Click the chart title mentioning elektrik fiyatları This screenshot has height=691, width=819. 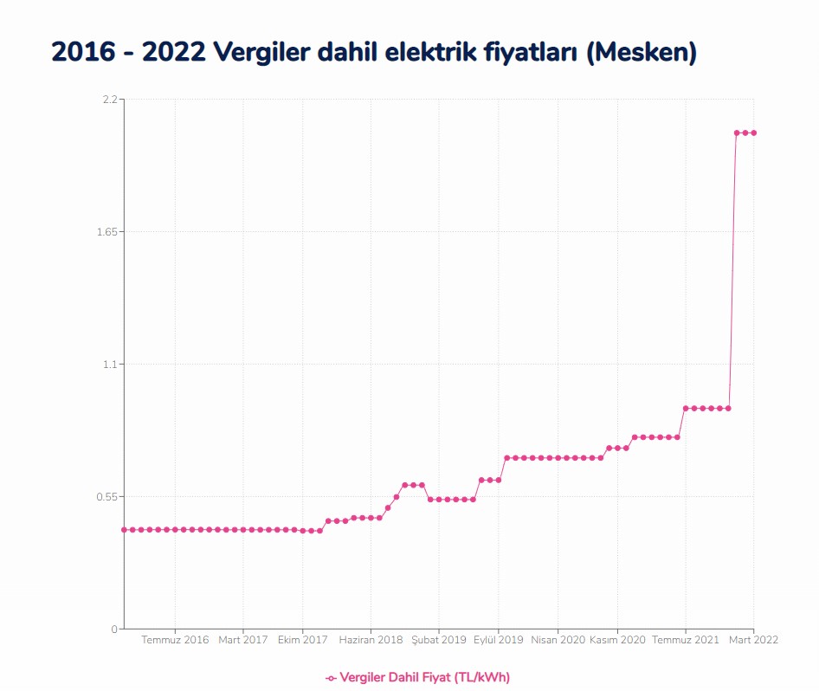pyautogui.click(x=374, y=52)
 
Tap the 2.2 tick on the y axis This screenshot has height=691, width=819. pyautogui.click(x=110, y=100)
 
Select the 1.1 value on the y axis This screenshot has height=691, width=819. pyautogui.click(x=110, y=365)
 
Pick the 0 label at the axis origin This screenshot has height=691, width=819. pyautogui.click(x=113, y=629)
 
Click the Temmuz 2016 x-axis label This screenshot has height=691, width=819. pyautogui.click(x=175, y=640)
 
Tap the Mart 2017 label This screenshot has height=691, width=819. pyautogui.click(x=242, y=640)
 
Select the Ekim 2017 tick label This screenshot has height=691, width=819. pyautogui.click(x=302, y=640)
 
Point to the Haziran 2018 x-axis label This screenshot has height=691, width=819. pyautogui.click(x=371, y=640)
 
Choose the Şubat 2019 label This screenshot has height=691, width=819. pyautogui.click(x=438, y=640)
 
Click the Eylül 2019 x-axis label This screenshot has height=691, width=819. pyautogui.click(x=498, y=640)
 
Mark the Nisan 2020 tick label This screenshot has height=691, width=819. pyautogui.click(x=558, y=640)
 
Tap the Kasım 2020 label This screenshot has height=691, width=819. pyautogui.click(x=617, y=640)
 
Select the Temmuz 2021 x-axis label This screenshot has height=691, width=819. pyautogui.click(x=685, y=640)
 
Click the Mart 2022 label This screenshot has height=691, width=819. pyautogui.click(x=752, y=640)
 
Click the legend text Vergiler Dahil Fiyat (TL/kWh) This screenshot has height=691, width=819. pyautogui.click(x=424, y=677)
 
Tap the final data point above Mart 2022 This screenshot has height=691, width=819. pyautogui.click(x=753, y=132)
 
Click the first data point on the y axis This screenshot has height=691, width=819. pyautogui.click(x=124, y=529)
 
